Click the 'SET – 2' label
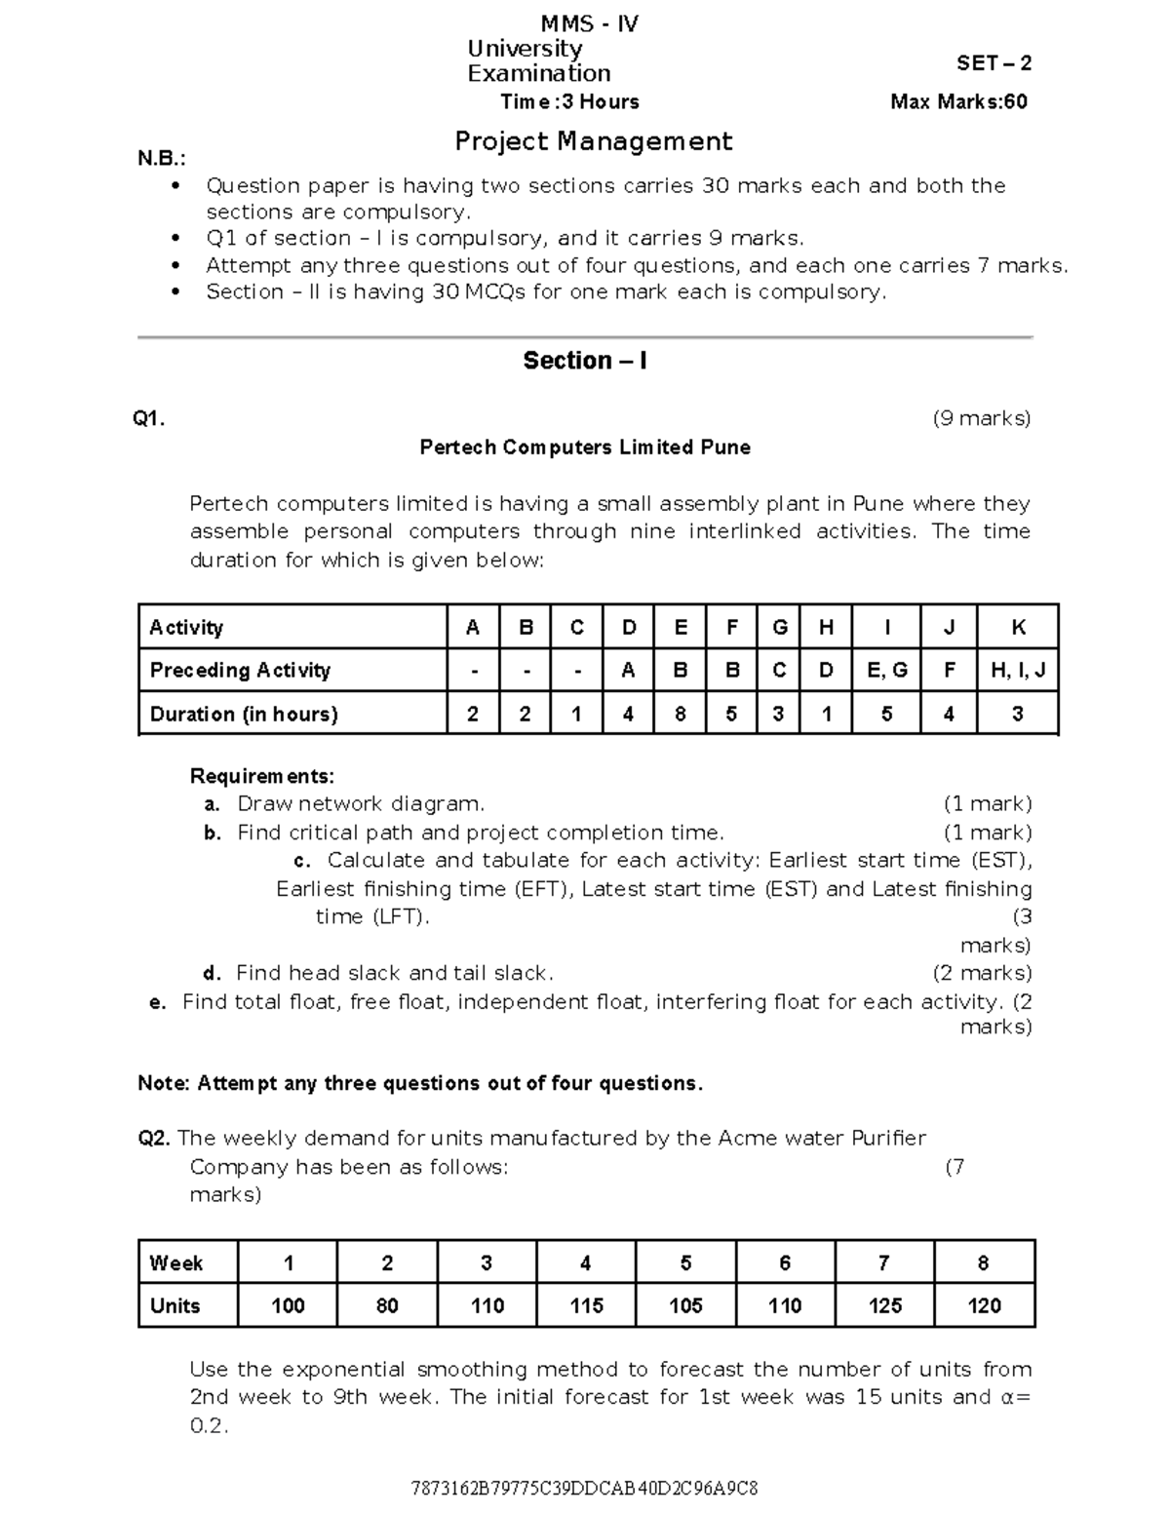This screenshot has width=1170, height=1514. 994,63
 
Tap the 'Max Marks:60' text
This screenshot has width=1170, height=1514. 958,101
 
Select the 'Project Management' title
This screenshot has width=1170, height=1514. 593,141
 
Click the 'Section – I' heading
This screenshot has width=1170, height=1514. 585,361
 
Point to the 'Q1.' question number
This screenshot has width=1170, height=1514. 149,419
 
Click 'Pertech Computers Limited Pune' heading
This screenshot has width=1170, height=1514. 585,447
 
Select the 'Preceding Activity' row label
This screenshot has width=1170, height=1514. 240,670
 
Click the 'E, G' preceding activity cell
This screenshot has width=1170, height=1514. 886,670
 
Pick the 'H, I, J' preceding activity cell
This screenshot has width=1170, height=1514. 1018,670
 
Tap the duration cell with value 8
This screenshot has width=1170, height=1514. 681,714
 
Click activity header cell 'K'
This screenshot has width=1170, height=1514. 1018,628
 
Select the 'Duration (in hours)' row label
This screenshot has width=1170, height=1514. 244,714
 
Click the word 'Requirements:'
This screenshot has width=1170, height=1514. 261,776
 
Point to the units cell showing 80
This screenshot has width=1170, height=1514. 387,1305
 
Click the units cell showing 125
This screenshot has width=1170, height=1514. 884,1305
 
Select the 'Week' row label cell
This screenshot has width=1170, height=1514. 176,1263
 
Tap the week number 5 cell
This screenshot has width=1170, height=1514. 685,1263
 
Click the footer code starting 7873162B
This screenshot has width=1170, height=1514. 585,1489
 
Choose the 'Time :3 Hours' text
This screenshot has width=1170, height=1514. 569,101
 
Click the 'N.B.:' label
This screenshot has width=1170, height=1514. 161,159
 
